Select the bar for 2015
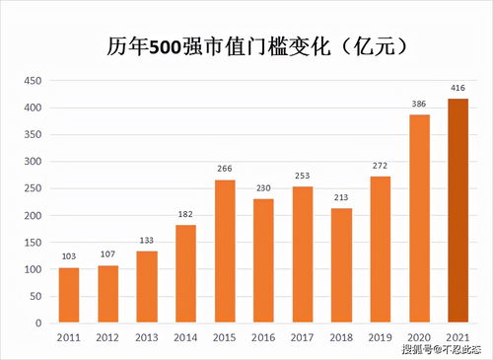pos(224,251)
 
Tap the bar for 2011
pos(69,295)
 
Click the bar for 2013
pos(147,286)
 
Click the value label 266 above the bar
pos(224,170)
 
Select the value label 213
pos(341,198)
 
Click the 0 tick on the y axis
pos(38,323)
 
